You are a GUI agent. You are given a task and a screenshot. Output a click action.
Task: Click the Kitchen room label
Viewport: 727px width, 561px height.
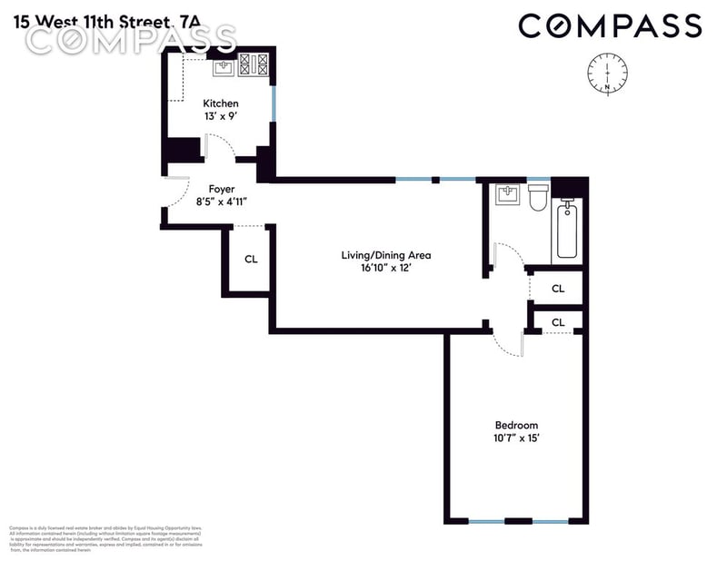coord(221,104)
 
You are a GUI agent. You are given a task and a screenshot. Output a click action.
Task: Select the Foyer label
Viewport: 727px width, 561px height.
coord(222,190)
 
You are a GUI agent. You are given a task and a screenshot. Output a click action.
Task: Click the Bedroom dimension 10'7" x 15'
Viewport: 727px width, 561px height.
coord(516,439)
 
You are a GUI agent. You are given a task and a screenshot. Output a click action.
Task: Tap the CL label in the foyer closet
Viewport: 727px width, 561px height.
coord(251,260)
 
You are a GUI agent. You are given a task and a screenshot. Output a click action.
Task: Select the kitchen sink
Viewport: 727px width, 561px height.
coord(224,65)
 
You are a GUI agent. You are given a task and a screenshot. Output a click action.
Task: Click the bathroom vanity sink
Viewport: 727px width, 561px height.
coord(507,195)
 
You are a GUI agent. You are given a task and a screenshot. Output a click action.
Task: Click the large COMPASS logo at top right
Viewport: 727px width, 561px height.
coord(610,25)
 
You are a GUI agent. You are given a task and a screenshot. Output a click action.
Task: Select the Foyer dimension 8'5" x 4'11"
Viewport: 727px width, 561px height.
coord(222,203)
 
